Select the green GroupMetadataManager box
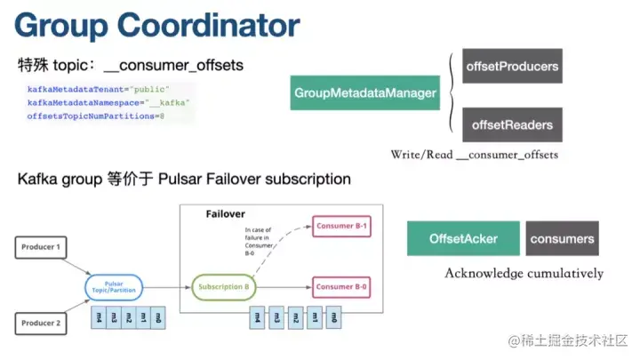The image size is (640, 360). [365, 92]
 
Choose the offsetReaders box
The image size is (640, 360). [512, 124]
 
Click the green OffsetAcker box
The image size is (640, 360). [463, 239]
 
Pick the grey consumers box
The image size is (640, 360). [562, 239]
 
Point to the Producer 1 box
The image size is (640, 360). [42, 246]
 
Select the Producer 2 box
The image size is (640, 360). [42, 323]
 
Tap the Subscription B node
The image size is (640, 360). [223, 287]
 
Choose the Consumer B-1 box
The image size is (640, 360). [340, 226]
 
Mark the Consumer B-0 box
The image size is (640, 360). [340, 287]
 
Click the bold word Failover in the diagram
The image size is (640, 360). [225, 215]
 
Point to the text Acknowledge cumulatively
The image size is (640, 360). [524, 273]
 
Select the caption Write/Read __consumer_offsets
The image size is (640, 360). [474, 155]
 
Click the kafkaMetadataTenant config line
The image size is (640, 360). [98, 90]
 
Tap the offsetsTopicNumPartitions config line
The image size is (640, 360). [96, 116]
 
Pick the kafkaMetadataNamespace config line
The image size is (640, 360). [108, 103]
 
